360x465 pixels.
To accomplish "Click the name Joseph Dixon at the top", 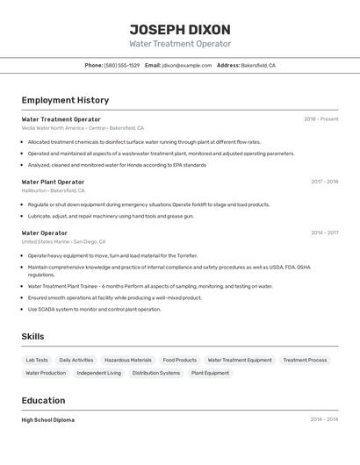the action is (x=180, y=29).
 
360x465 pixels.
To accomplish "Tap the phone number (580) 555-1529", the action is (x=121, y=66).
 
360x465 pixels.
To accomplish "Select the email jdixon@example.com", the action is (x=186, y=66).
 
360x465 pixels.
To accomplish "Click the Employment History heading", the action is (x=65, y=101).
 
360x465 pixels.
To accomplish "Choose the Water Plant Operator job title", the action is (x=53, y=182).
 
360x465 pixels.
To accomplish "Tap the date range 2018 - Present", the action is (x=320, y=119).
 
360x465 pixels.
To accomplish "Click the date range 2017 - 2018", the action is (x=324, y=182).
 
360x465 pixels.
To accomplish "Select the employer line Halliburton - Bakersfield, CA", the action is (x=53, y=190).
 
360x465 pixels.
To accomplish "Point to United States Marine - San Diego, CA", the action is (x=63, y=241).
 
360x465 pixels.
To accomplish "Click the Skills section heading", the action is (x=32, y=337).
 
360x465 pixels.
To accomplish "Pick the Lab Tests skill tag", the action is (x=37, y=360).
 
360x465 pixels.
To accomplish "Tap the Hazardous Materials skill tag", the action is (x=127, y=360).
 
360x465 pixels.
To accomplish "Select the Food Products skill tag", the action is (x=179, y=360).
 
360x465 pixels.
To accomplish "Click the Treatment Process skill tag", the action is (x=305, y=360).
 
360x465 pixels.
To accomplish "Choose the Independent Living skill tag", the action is (x=98, y=373).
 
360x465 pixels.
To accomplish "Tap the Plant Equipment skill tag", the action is (x=210, y=373).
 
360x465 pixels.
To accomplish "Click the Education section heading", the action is (x=44, y=400).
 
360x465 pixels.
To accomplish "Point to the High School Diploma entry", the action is (x=47, y=420).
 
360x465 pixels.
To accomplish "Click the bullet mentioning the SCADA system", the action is (x=94, y=309).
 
